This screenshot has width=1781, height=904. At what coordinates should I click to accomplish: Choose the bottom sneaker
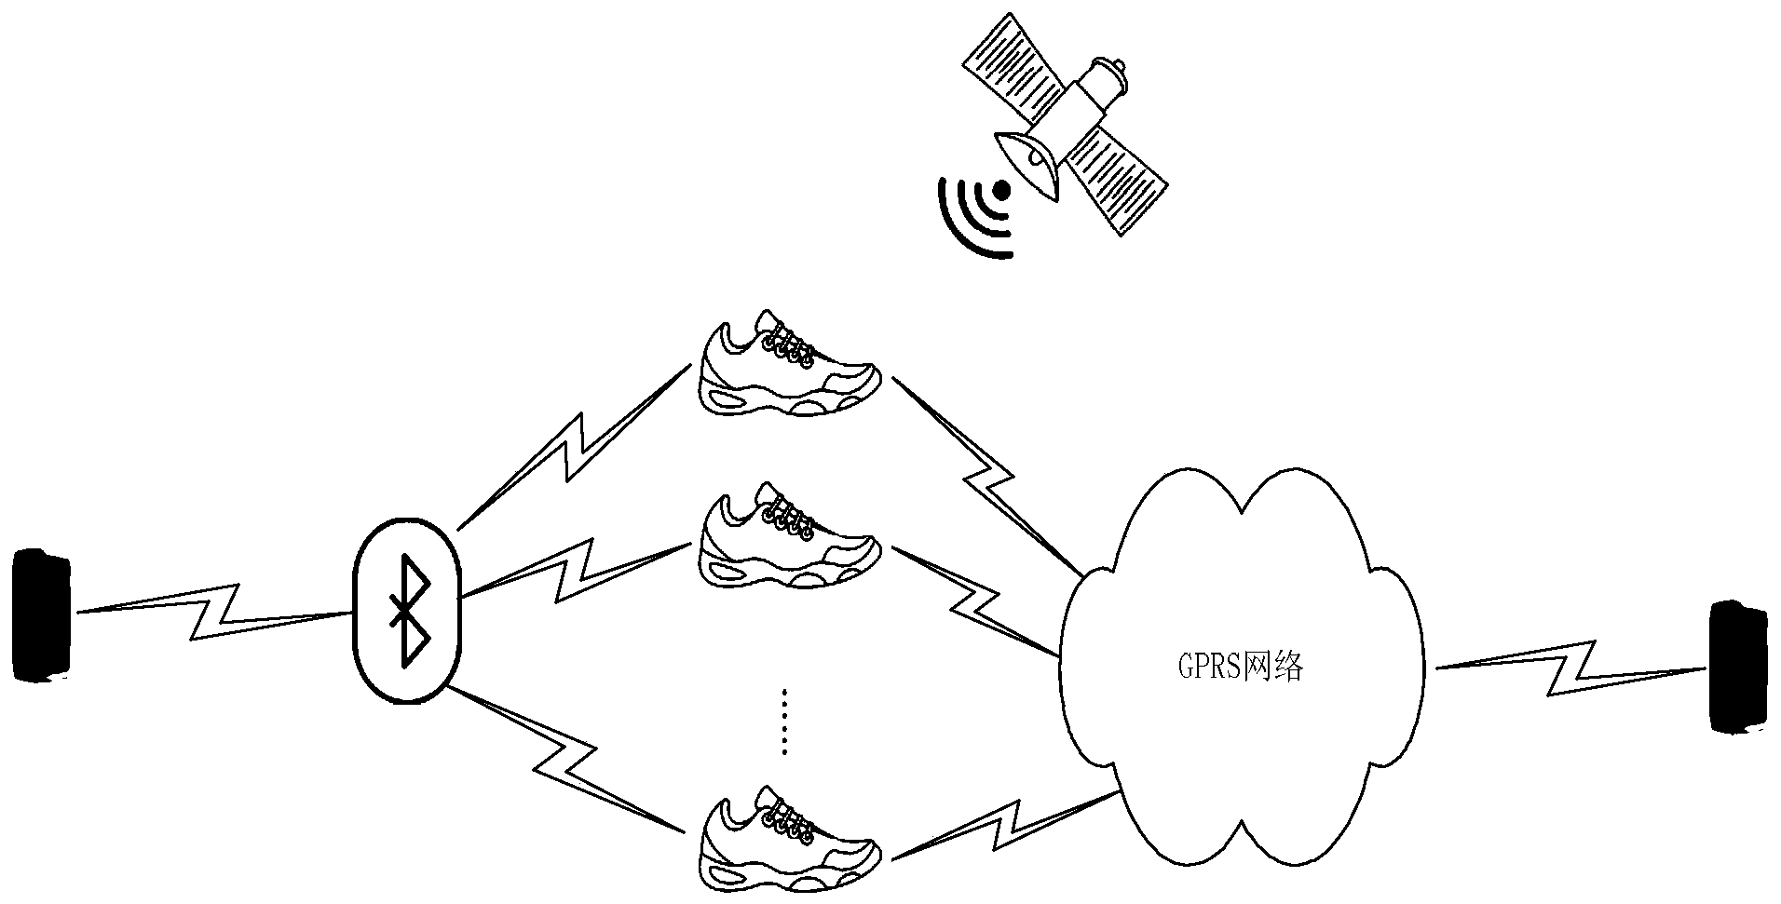789,838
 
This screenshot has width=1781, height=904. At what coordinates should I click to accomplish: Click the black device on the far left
42,616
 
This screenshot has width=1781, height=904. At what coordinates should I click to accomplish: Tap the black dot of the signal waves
1001,191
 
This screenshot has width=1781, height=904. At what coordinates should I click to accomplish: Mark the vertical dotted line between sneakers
784,722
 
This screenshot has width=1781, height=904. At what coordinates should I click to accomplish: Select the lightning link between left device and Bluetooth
214,611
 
